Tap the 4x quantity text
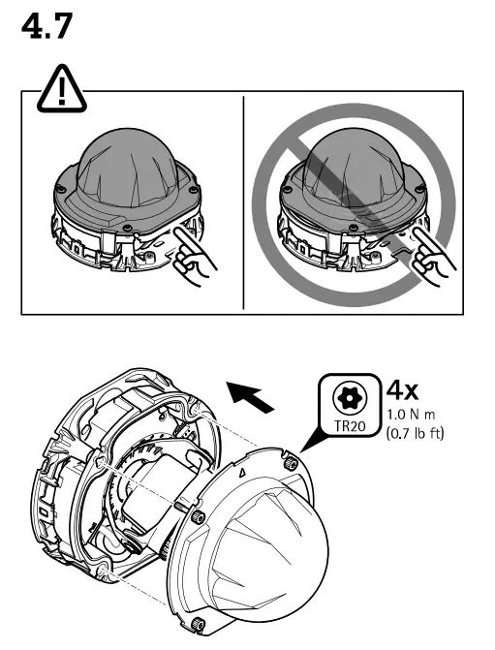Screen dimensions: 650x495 (402, 390)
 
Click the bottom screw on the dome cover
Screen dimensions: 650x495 (199, 621)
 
